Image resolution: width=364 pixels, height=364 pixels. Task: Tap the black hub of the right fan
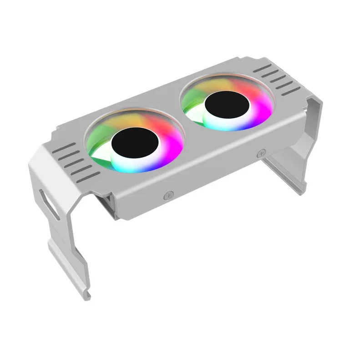(x=227, y=106)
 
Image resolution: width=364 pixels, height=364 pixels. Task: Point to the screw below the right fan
(x=261, y=154)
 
